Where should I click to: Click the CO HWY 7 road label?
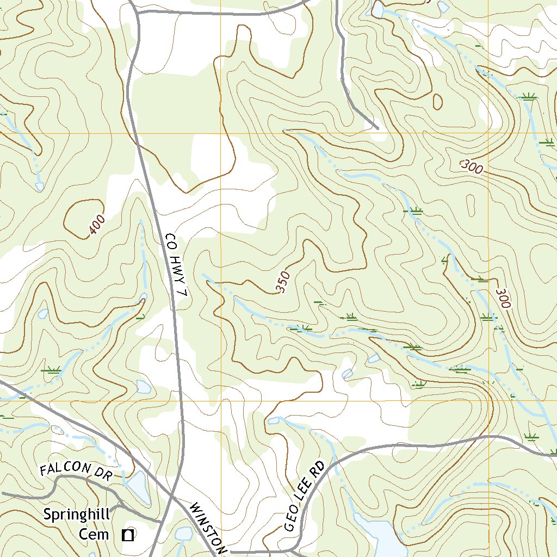click(x=176, y=265)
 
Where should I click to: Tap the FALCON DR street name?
click(x=76, y=471)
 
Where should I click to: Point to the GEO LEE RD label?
click(x=304, y=497)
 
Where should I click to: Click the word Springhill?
click(x=77, y=514)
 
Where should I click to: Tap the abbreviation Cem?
click(x=94, y=534)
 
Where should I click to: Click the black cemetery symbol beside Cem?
click(x=128, y=535)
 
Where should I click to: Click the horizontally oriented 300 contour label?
click(x=471, y=166)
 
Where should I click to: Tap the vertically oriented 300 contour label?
click(x=503, y=299)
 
